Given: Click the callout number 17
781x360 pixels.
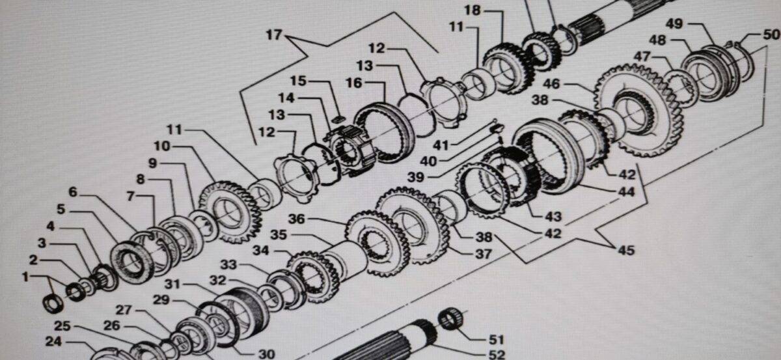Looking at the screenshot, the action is coord(274,35).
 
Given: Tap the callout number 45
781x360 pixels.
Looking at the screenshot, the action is coord(626,250).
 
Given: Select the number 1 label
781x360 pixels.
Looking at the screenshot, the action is coord(25,277).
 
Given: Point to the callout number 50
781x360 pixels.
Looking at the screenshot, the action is coord(771,35).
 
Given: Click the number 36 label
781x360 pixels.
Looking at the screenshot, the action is coord(296,219).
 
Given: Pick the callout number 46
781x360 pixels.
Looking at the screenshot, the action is coord(551,84).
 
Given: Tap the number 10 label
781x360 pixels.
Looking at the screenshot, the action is coord(162,146).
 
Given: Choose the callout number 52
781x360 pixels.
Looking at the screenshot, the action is coord(497,355).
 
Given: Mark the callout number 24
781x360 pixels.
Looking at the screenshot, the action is coord(53,342).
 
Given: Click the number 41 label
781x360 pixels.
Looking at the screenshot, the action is coord(441,145).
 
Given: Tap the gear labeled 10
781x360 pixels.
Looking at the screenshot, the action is coord(230,212).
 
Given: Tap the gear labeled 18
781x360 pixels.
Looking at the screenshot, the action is coord(508,68).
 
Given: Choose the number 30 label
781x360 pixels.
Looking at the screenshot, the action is coord(267,354).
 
